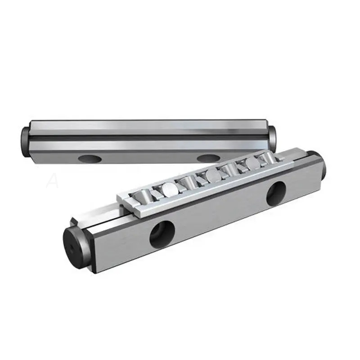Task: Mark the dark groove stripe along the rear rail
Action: [148, 135]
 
